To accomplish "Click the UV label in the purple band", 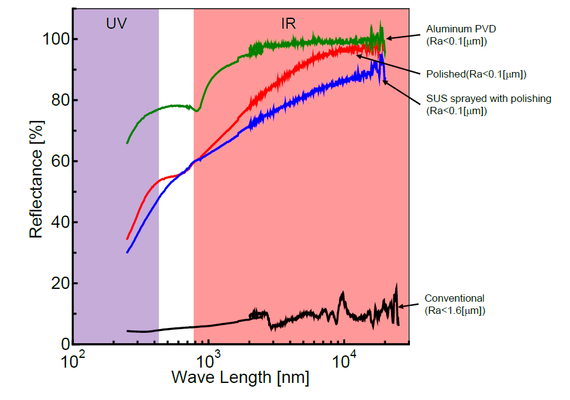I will coord(116,24).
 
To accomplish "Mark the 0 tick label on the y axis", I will coord(62,345).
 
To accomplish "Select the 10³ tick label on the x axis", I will coord(208,360).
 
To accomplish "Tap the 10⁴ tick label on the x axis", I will coord(344,360).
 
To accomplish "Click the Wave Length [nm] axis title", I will coord(240,377).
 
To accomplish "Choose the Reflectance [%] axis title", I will coord(37,183).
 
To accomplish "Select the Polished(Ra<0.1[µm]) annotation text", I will coord(476,75).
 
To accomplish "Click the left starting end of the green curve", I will coord(127,143).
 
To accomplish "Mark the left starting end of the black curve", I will coord(127,331).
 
